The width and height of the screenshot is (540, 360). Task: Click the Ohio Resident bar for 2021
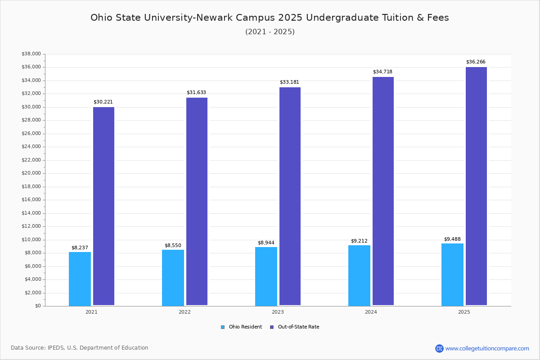coord(80,279)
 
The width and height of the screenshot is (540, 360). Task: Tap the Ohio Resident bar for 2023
coord(266,276)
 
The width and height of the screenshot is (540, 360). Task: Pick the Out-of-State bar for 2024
coord(383,191)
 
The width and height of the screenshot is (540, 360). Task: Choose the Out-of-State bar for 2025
coord(476,186)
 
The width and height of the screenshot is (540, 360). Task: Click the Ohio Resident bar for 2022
coord(173,278)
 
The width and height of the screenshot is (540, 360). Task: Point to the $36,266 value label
coord(476,62)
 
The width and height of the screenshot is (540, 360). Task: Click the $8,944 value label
coord(266,243)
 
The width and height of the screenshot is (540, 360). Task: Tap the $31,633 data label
coord(196,92)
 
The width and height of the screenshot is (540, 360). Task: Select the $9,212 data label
coord(359,241)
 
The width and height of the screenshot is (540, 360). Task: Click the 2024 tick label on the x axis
coord(371,312)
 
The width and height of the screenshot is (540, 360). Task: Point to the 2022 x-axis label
coord(184,312)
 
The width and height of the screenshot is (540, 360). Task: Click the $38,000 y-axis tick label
coord(31,54)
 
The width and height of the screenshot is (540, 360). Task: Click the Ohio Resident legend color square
coord(223,327)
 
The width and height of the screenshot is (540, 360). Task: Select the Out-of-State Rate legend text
coord(298,327)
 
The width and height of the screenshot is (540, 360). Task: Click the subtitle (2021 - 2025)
coord(270,31)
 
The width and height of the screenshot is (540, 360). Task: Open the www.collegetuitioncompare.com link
coord(487,348)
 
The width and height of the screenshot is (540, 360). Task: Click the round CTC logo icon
coord(439,348)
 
